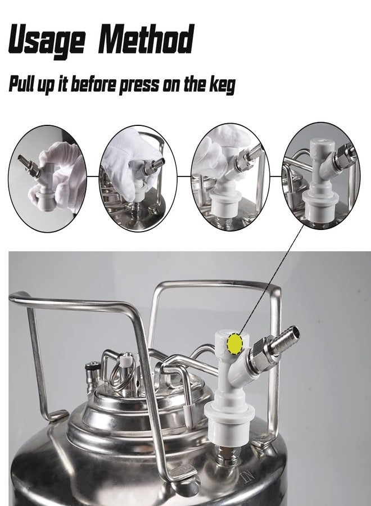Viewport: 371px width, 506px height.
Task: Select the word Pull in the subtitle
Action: coord(25,84)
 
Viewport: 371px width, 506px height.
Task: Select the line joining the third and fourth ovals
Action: coord(275,175)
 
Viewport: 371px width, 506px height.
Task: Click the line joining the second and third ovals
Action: coord(184,175)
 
